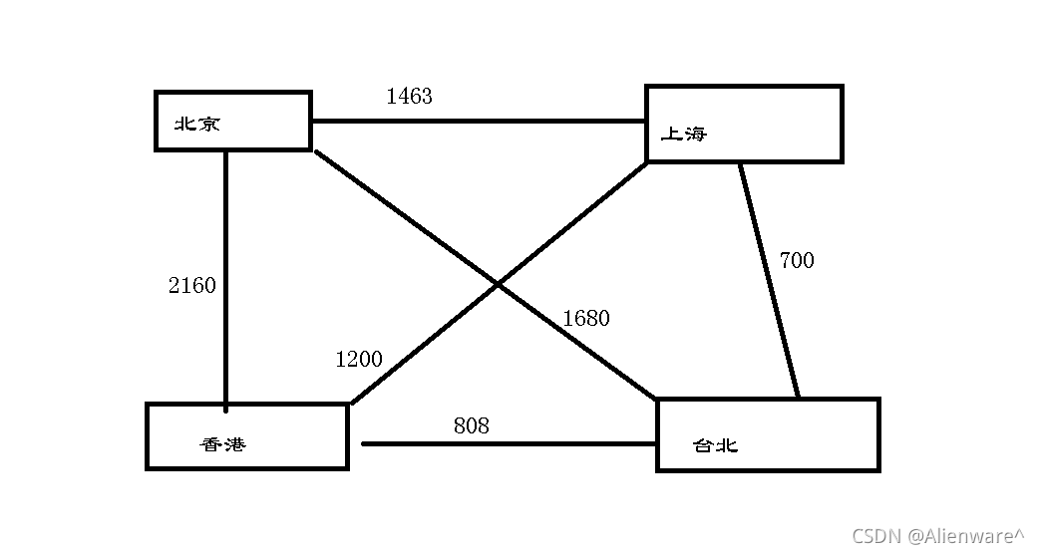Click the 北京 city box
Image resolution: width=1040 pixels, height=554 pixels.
(x=233, y=121)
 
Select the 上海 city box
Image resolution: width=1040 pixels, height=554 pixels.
(x=744, y=124)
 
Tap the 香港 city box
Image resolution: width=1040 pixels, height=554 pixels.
(x=247, y=436)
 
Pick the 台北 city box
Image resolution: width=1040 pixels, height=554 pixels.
(x=768, y=433)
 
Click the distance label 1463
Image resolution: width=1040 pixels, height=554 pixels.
(x=409, y=96)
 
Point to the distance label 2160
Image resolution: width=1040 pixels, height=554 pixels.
(x=191, y=286)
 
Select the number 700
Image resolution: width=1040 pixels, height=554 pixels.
(x=796, y=261)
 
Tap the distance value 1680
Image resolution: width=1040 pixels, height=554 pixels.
(x=585, y=319)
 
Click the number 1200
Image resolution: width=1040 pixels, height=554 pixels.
(x=358, y=360)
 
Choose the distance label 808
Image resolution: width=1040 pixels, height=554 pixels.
(x=472, y=425)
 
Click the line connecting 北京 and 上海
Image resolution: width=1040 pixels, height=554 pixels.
(x=479, y=122)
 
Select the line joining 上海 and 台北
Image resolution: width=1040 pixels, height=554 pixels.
(x=769, y=279)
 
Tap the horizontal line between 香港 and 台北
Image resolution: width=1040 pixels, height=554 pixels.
(x=509, y=443)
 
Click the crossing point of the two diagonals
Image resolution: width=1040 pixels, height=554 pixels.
(x=498, y=285)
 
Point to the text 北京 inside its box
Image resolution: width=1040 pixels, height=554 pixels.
(x=196, y=125)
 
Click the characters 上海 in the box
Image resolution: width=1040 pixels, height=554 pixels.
(x=684, y=134)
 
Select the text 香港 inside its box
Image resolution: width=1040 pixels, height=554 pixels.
(x=222, y=444)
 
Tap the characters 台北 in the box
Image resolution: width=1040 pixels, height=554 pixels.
(x=715, y=445)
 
